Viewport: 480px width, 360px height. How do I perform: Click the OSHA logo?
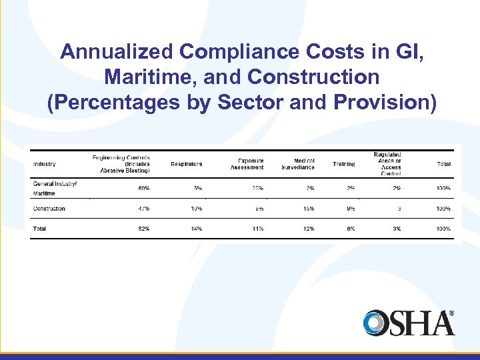[409, 323]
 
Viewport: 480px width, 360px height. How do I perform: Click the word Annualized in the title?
[116, 52]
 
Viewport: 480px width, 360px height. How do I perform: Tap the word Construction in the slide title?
[313, 77]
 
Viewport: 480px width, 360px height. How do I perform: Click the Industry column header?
[45, 164]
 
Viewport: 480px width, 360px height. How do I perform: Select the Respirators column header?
[186, 164]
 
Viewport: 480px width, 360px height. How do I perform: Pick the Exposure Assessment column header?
[247, 164]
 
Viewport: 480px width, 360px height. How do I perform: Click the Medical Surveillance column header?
[298, 164]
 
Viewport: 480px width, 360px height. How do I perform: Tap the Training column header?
[344, 164]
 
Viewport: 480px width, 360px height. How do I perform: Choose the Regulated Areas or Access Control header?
[388, 164]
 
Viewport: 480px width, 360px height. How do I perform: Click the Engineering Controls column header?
[121, 164]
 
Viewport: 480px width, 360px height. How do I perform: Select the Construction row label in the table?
[49, 209]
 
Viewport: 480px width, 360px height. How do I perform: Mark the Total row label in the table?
[40, 229]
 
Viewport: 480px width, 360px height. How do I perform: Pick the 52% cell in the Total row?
[143, 229]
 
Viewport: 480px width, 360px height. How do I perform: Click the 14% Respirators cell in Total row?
[196, 229]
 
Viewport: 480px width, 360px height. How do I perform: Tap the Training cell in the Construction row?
[350, 209]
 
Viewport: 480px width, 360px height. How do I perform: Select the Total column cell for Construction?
[443, 209]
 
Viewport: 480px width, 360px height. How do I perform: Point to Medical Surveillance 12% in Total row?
[309, 229]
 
